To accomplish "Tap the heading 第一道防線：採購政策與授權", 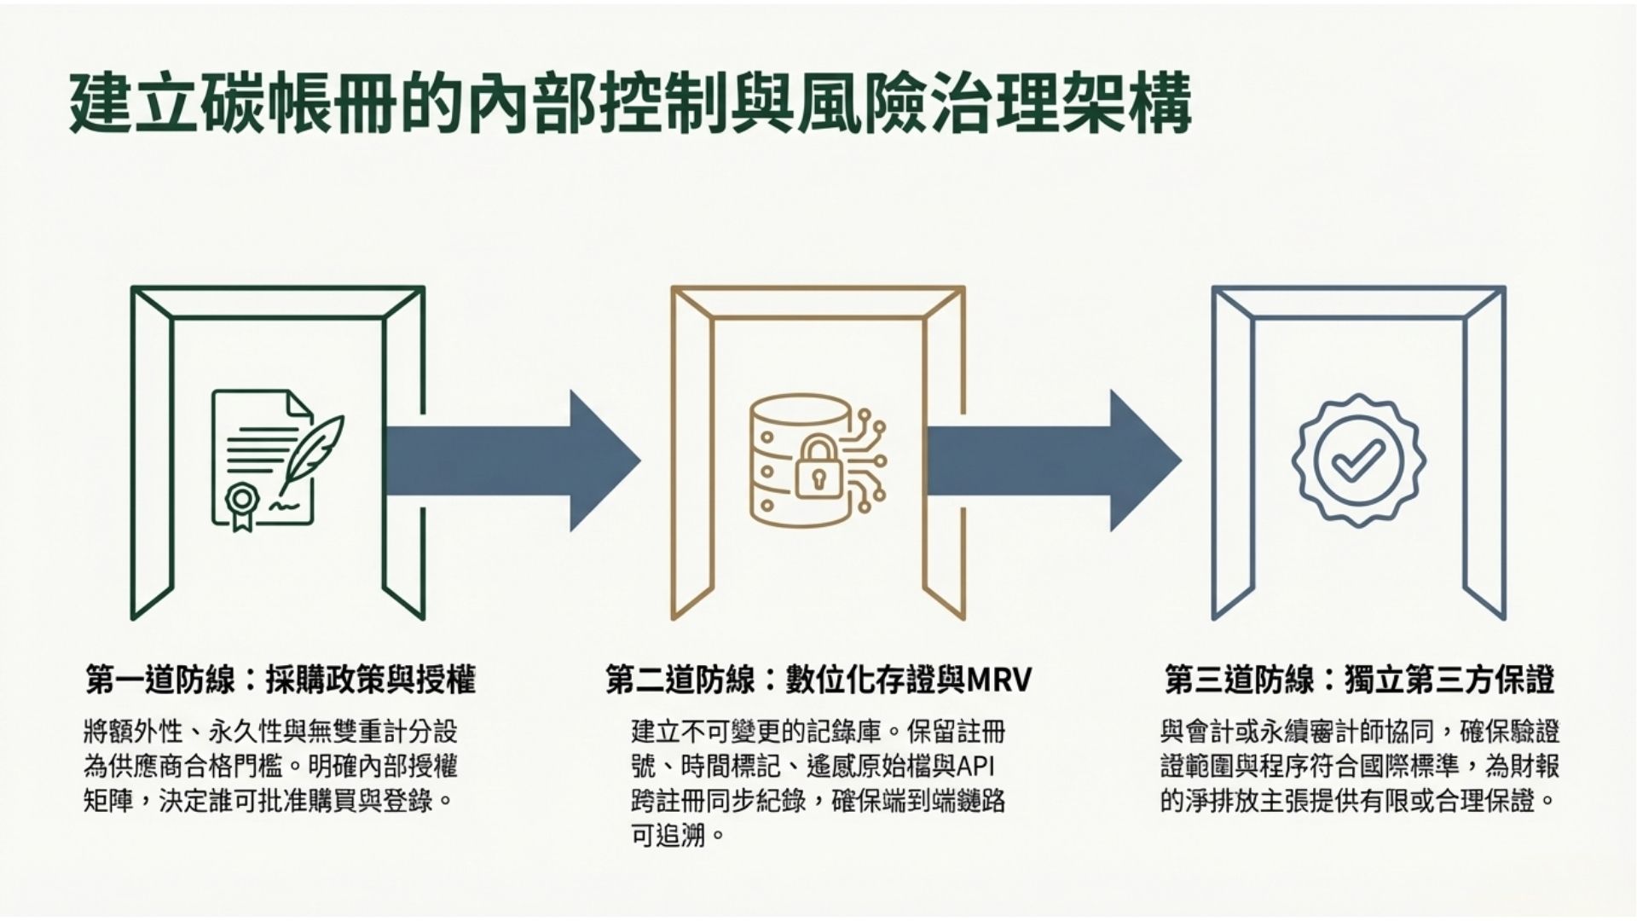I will pos(281,680).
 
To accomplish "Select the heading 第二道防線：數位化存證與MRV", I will pos(818,680).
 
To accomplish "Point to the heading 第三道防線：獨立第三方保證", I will pos(1359,680).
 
